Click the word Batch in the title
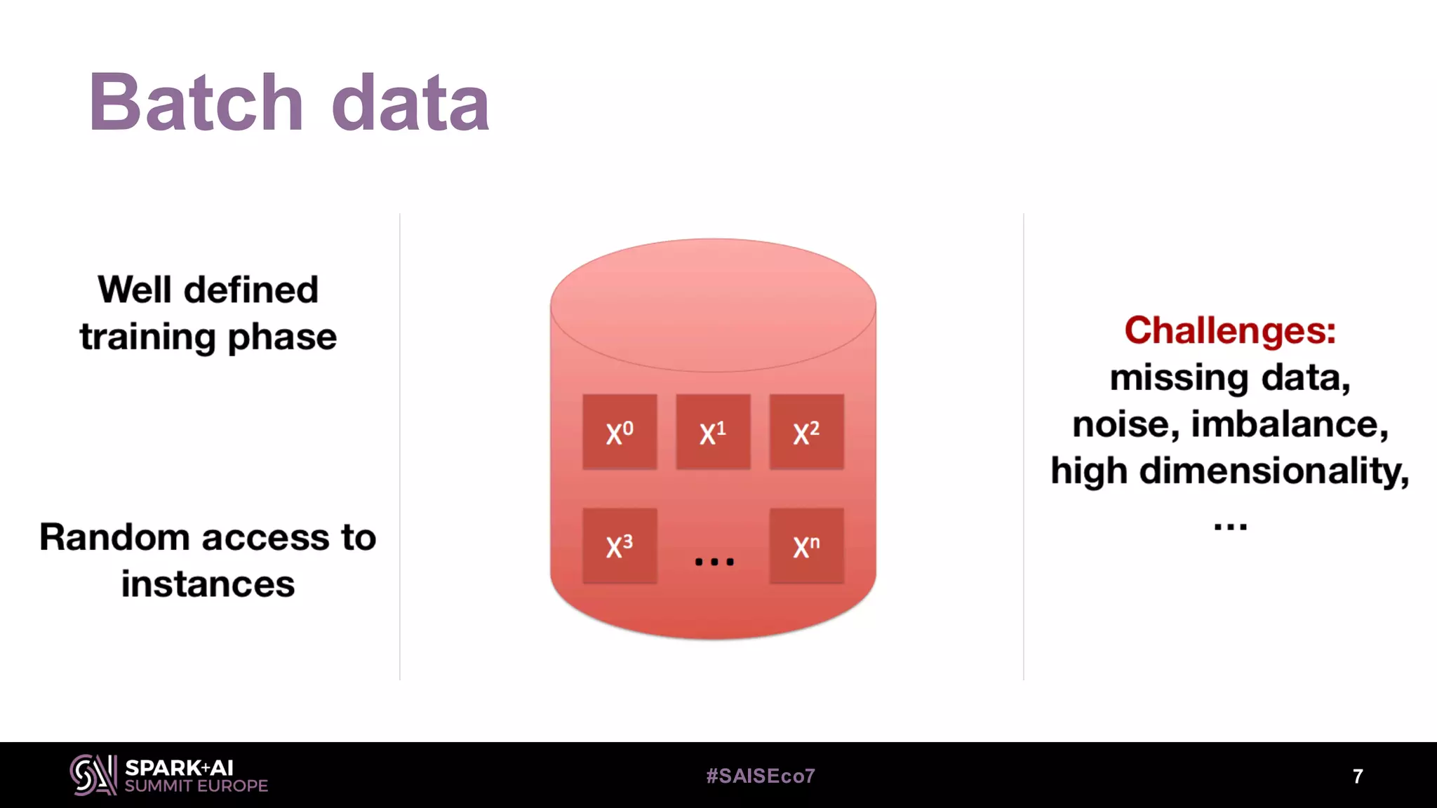tap(196, 102)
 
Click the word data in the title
tap(410, 102)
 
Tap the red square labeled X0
tap(620, 432)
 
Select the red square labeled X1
tap(713, 432)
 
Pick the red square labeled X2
tap(806, 432)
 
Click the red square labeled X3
tap(620, 546)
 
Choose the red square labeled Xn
tap(806, 546)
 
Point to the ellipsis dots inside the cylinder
tap(714, 561)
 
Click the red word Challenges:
tap(1230, 330)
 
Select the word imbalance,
tap(1290, 424)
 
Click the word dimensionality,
tap(1274, 471)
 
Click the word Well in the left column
tap(135, 290)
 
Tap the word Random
tap(114, 537)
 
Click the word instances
tap(208, 584)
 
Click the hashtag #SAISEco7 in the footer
tap(761, 776)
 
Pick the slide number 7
tap(1358, 776)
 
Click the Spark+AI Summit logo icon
tap(93, 775)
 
